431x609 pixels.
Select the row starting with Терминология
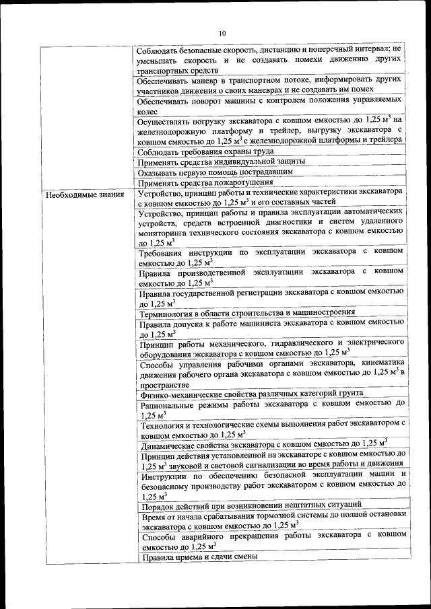(246, 313)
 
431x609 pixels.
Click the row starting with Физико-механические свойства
(251, 393)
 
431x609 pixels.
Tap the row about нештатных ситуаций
(251, 503)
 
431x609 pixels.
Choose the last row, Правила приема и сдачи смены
(199, 558)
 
